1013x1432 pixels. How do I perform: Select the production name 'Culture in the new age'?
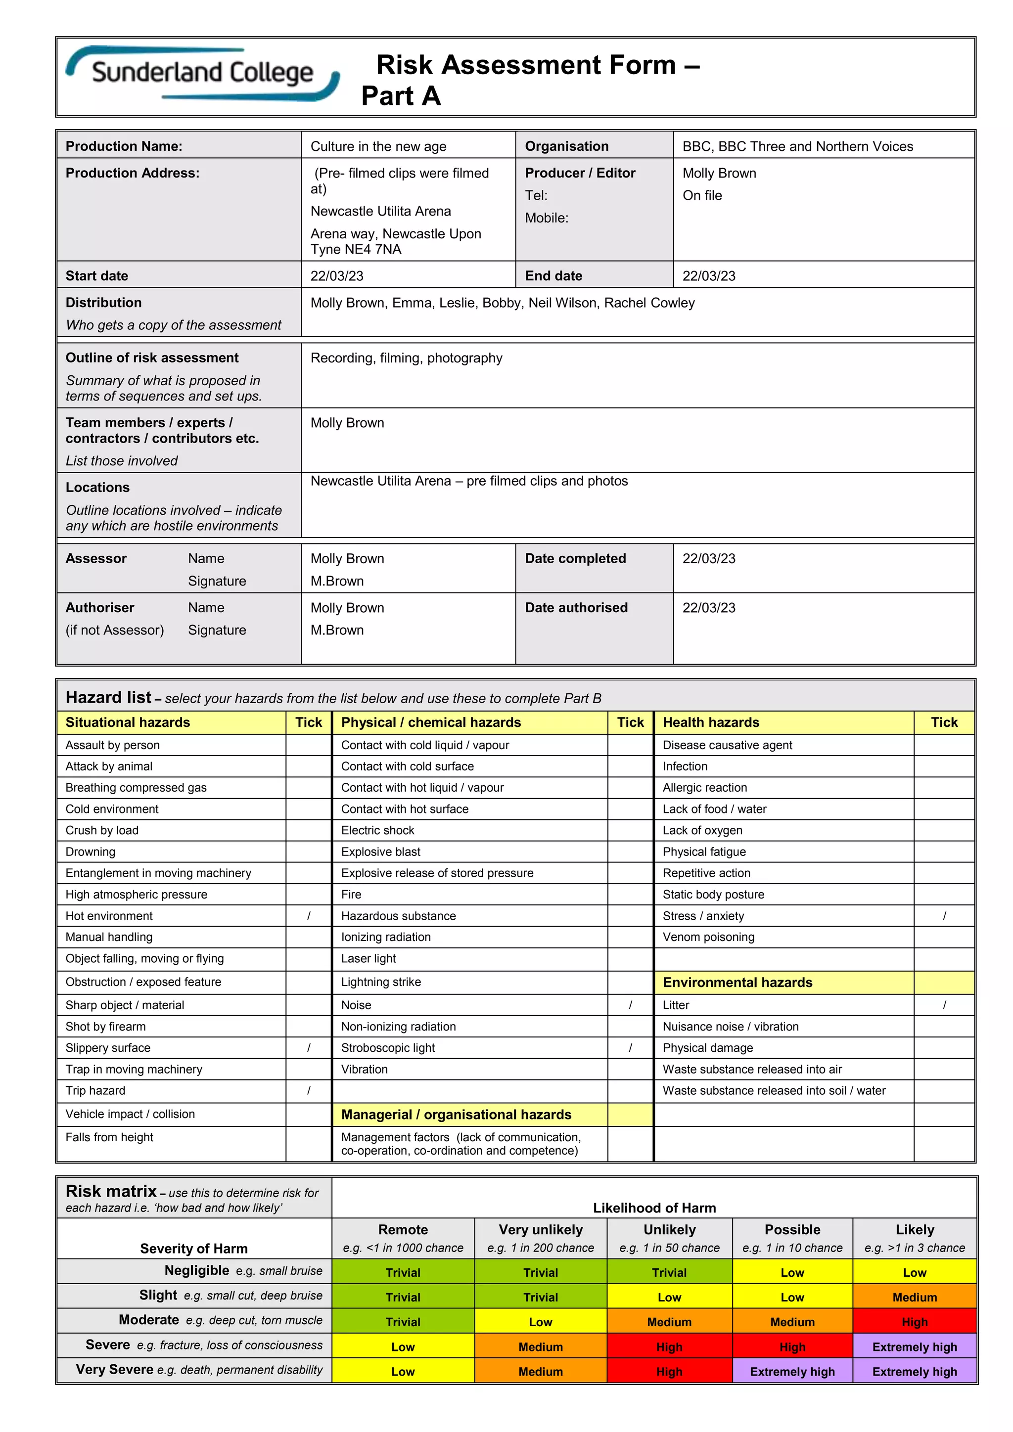378,146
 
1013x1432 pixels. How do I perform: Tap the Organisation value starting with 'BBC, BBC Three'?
797,146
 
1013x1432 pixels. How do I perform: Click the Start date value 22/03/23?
337,276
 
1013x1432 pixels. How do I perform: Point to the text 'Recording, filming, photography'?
406,358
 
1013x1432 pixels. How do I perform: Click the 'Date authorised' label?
576,608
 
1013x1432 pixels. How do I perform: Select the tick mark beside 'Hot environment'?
309,916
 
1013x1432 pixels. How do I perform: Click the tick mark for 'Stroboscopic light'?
630,1048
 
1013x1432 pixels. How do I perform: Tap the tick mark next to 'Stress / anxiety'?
944,916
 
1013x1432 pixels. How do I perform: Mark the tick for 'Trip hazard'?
309,1090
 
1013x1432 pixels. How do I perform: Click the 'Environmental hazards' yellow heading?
737,983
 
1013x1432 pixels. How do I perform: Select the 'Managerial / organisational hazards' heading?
456,1115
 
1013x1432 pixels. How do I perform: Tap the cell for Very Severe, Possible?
792,1372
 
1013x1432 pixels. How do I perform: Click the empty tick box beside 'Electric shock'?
630,830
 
